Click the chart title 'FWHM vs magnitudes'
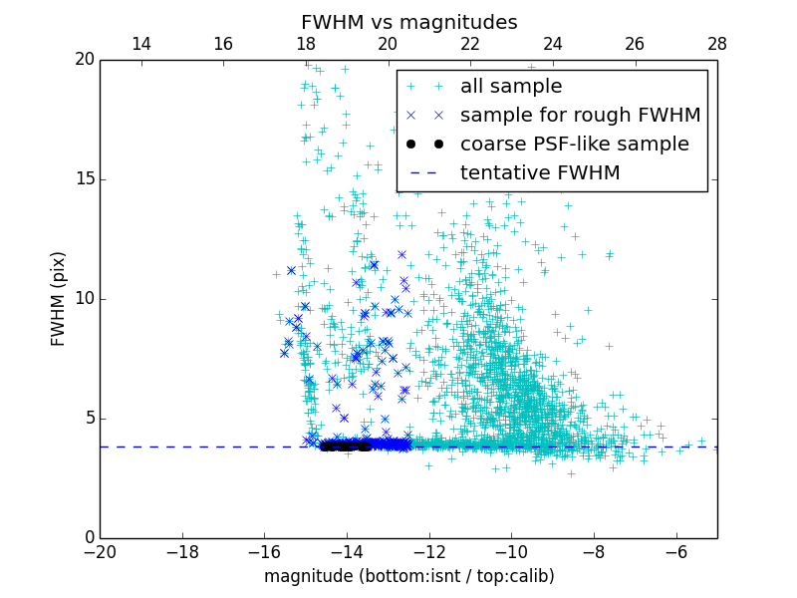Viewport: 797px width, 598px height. click(408, 22)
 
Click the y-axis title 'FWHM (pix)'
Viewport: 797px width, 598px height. click(59, 299)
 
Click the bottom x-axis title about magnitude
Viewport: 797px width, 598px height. click(408, 576)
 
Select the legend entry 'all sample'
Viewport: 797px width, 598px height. click(511, 87)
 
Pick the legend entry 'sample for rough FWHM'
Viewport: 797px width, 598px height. click(580, 116)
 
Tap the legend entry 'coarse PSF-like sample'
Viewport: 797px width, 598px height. click(574, 145)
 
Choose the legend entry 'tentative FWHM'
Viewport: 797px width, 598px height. click(540, 173)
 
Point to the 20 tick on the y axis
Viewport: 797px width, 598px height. click(84, 60)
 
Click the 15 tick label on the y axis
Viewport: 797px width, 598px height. click(84, 179)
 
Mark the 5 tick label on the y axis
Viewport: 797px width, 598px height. click(89, 419)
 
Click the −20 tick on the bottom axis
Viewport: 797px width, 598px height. click(100, 551)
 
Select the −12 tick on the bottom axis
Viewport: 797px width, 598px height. click(428, 551)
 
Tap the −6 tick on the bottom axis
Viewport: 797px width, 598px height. click(675, 551)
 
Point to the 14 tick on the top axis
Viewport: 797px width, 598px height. click(140, 44)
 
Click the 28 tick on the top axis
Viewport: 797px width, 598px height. click(717, 44)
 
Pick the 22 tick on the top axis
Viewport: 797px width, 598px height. click(470, 44)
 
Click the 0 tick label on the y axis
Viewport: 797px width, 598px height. click(89, 538)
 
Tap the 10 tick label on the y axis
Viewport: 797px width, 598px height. click(84, 299)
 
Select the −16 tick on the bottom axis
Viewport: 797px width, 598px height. click(264, 551)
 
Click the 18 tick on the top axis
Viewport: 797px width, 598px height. click(305, 44)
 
